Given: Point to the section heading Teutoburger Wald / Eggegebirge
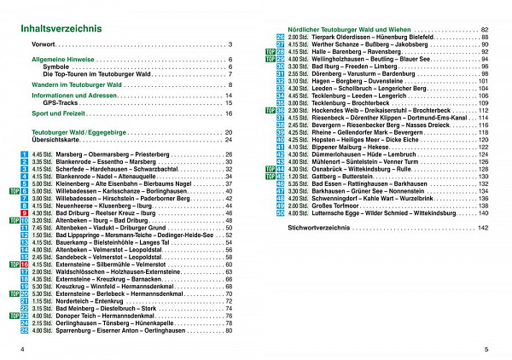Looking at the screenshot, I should pyautogui.click(x=84, y=134).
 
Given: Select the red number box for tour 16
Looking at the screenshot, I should pyautogui.click(x=24, y=264).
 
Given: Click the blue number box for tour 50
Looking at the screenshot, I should pyautogui.click(x=281, y=212).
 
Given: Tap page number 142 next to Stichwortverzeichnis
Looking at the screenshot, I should pyautogui.click(x=483, y=229).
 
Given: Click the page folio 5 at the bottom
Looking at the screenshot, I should pyautogui.click(x=484, y=348).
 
